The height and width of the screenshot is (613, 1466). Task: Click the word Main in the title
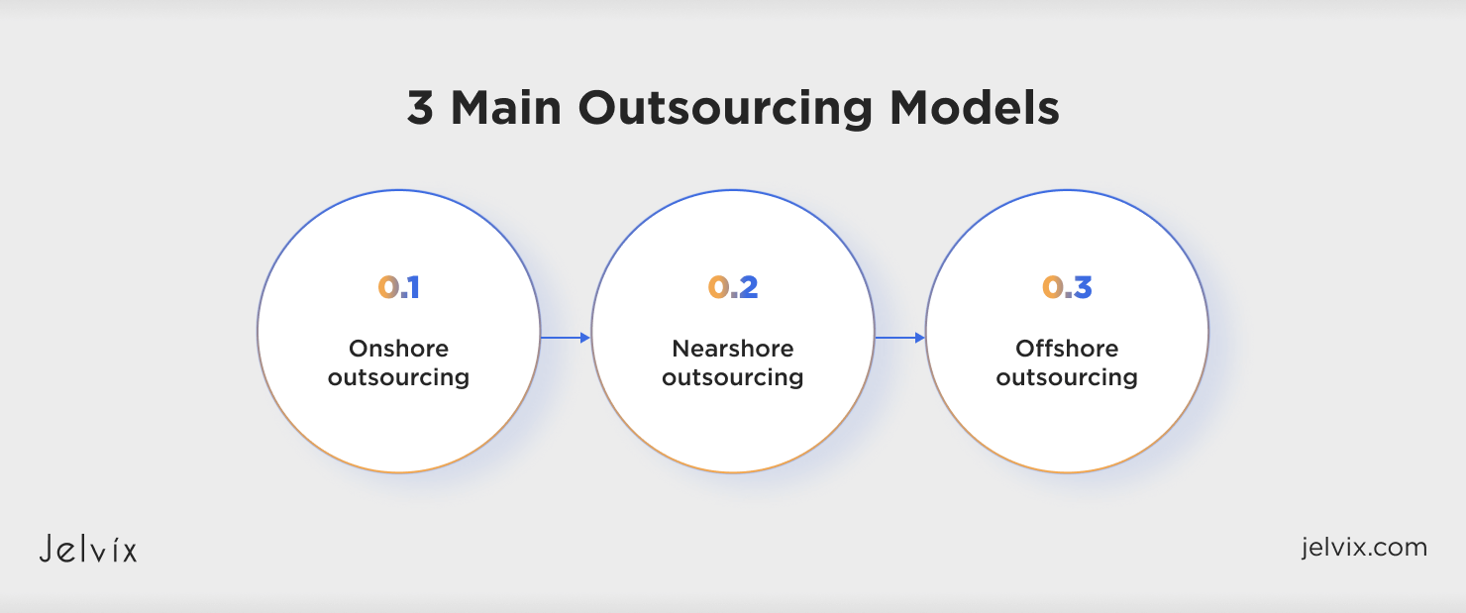506,107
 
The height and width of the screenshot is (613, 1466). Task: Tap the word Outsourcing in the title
725,110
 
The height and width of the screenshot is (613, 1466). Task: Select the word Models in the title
975,107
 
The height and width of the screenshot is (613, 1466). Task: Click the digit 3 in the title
420,107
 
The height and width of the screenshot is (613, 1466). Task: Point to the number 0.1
398,287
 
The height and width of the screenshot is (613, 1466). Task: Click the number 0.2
733,287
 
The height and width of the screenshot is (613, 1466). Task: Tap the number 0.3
1067,287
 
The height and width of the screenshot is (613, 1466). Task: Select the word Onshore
398,348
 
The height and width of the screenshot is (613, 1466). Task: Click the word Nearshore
732,348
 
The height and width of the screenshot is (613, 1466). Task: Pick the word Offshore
1067,348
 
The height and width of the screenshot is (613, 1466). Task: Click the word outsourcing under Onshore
398,378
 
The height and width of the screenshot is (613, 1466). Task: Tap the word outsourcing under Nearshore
732,378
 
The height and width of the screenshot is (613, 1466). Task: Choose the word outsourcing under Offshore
1067,378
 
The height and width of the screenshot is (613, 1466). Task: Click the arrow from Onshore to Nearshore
566,338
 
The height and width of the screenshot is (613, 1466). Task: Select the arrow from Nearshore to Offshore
899,338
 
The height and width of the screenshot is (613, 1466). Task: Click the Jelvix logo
88,549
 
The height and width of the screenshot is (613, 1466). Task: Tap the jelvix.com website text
1364,548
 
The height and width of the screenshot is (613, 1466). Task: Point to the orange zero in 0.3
1052,287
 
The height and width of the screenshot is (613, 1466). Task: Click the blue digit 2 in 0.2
748,287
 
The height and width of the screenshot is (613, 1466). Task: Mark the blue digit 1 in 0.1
414,287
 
